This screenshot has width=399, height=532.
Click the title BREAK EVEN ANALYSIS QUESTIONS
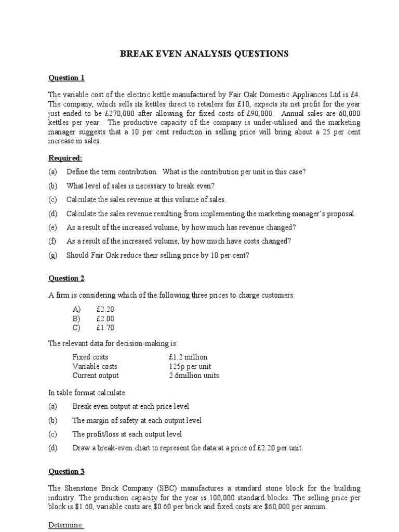point(204,54)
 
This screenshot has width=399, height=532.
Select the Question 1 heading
point(66,78)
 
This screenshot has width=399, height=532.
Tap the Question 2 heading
point(66,278)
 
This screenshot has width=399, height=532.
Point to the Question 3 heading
point(66,472)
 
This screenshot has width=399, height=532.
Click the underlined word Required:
point(65,158)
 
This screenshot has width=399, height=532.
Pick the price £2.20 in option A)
point(105,309)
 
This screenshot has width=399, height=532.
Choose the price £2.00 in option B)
point(105,318)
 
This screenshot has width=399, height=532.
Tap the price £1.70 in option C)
point(105,328)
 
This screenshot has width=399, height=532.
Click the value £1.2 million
point(188,357)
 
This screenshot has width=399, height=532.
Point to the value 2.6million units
point(194,376)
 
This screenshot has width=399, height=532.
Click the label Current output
point(96,376)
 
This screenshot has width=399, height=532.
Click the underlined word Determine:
point(66,525)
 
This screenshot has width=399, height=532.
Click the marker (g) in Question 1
point(52,255)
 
